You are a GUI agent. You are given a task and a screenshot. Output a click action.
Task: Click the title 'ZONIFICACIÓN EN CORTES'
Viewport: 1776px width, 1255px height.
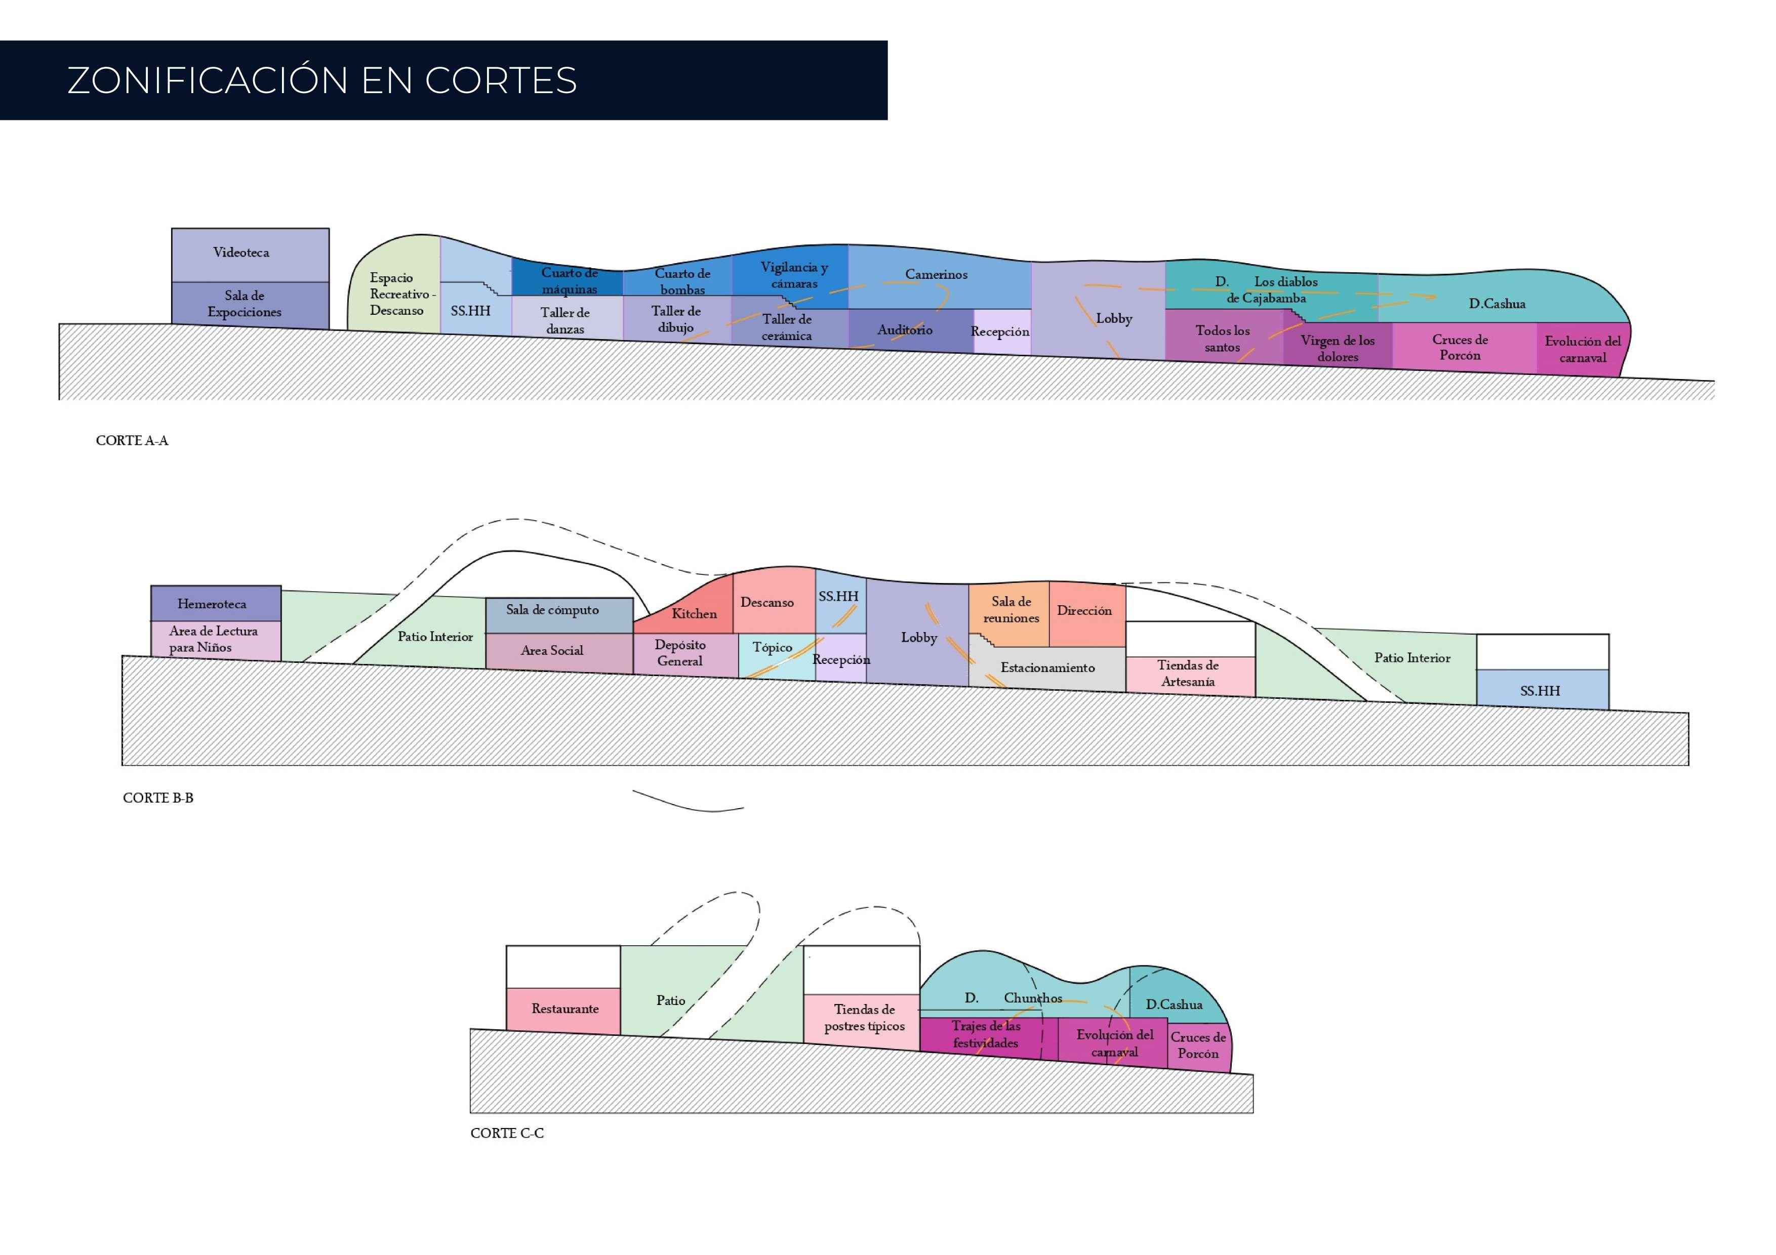coord(322,80)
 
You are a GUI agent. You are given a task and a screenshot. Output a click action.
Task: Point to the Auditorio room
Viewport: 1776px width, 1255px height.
coord(905,330)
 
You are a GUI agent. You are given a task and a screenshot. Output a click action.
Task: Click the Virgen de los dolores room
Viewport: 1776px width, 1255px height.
coord(1338,348)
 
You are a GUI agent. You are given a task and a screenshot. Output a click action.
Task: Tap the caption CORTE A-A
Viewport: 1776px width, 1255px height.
coord(132,441)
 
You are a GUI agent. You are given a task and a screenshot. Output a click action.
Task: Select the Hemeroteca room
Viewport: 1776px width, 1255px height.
coord(213,604)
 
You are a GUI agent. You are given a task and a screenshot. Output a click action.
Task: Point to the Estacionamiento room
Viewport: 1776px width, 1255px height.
coord(1047,667)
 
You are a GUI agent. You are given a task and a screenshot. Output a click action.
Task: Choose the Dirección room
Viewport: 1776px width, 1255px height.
coord(1084,611)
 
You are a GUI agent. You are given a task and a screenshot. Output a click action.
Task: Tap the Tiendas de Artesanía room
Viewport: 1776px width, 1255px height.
coord(1188,674)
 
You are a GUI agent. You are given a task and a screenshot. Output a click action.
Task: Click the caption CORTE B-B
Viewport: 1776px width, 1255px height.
coord(158,798)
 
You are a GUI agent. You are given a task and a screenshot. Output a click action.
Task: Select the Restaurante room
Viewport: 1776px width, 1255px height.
coord(564,1009)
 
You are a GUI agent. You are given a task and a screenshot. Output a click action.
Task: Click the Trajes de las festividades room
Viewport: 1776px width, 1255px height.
coord(986,1035)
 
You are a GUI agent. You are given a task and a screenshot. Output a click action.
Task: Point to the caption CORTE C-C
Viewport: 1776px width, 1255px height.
coord(507,1134)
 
